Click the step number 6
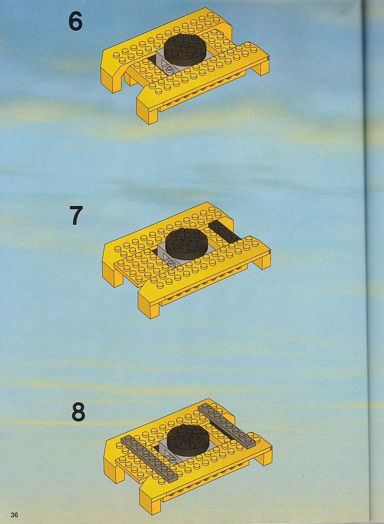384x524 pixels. click(75, 22)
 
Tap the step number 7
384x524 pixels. click(76, 216)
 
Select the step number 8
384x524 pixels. click(78, 413)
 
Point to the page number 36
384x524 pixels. click(14, 515)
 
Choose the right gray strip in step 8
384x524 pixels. click(226, 426)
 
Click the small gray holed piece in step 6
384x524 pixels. click(167, 67)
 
